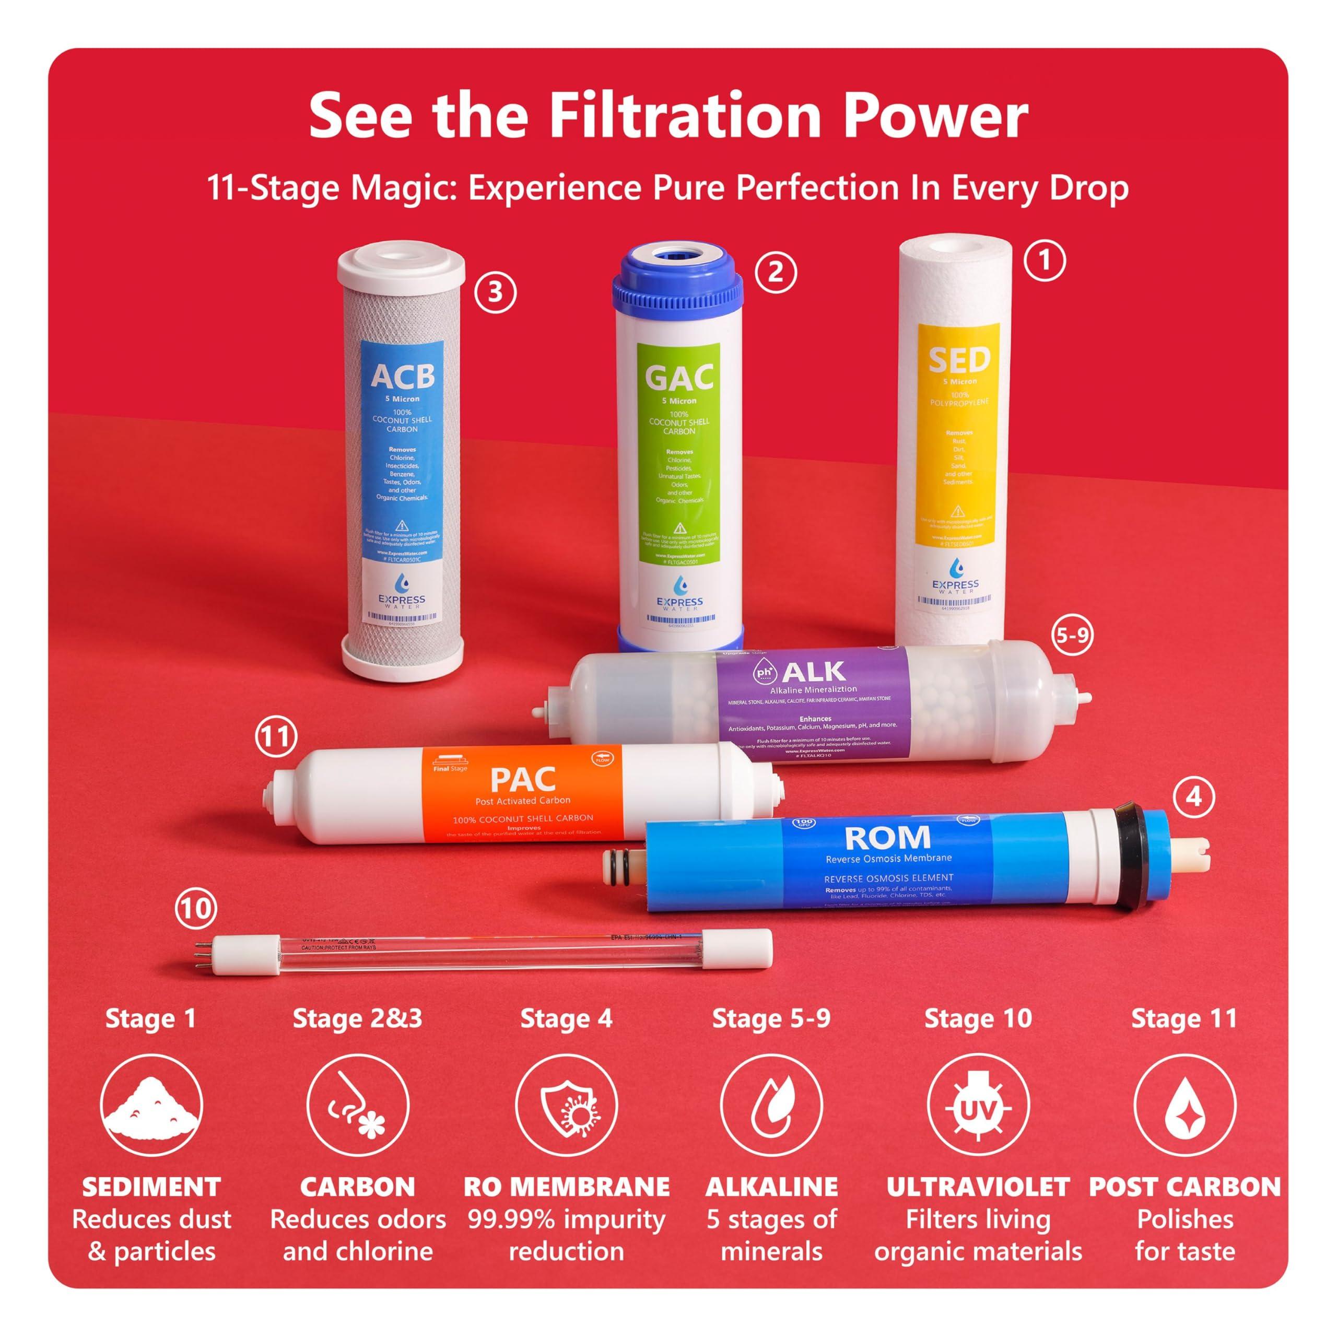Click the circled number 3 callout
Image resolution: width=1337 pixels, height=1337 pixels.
coord(495,292)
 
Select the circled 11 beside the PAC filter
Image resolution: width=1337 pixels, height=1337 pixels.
coord(276,736)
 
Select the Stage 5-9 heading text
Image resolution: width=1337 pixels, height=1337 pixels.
coord(771,1018)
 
